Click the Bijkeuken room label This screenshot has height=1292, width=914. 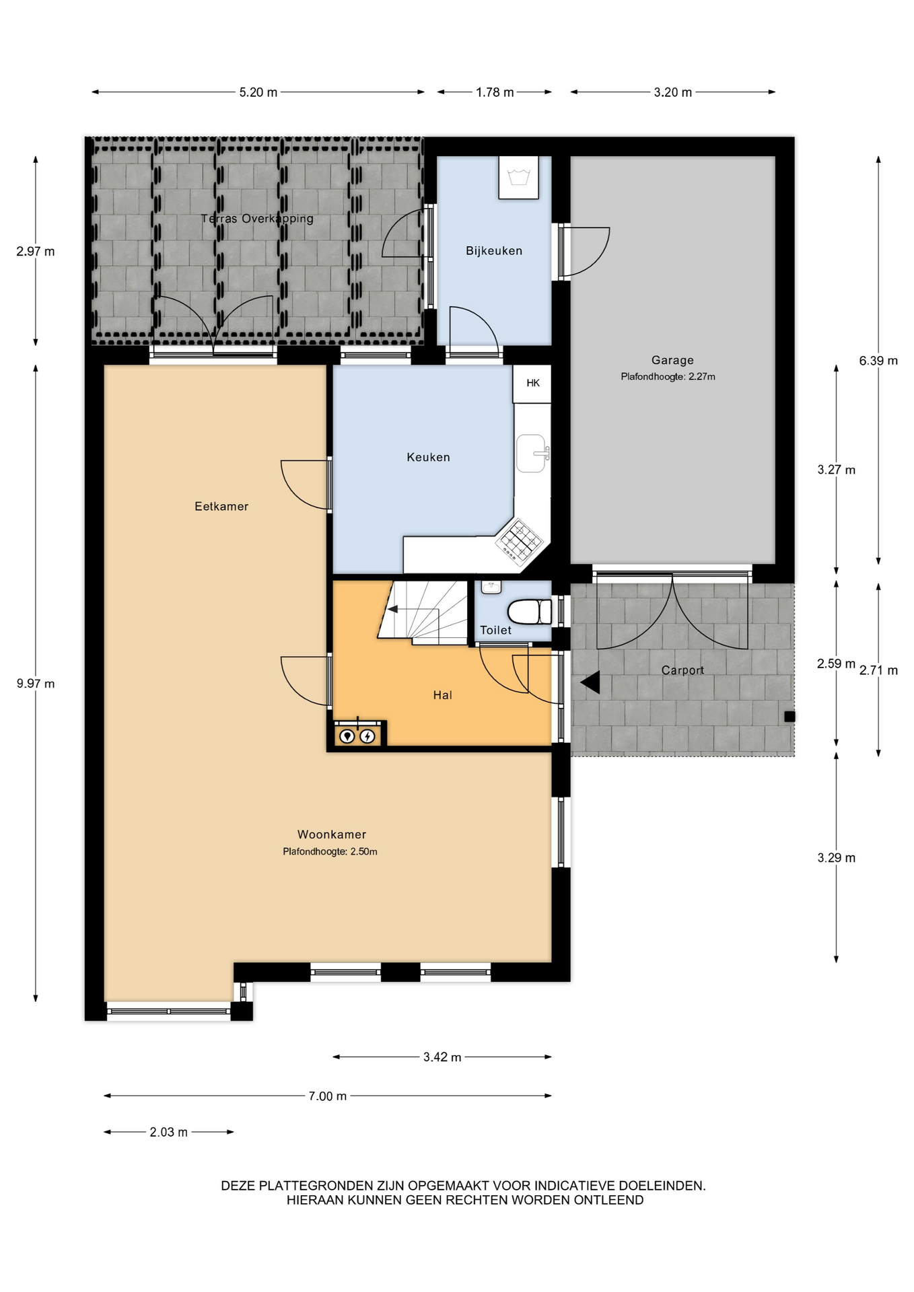pos(493,251)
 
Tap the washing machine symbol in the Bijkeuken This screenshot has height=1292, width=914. pos(518,178)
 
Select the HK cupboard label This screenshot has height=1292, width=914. pos(533,383)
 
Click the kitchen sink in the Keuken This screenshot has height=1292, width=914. pos(532,453)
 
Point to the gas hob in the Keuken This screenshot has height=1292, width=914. pos(519,540)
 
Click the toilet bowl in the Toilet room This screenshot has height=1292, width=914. pos(529,612)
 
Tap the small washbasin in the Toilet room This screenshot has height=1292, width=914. pos(491,587)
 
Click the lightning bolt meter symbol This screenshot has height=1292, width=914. pos(367,736)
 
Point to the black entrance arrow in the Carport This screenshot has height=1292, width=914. pos(590,682)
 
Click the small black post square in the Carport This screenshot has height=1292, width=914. pos(789,717)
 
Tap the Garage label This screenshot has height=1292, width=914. pos(672,360)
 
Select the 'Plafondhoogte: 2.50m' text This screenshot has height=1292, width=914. pos(330,851)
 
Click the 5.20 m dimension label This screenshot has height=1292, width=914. pos(258,92)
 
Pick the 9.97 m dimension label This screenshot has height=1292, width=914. pos(36,684)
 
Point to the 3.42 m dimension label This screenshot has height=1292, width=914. pos(442,1057)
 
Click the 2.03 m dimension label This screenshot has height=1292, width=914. pos(168,1133)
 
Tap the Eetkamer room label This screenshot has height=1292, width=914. pos(221,507)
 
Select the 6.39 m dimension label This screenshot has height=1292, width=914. pos(878,361)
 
